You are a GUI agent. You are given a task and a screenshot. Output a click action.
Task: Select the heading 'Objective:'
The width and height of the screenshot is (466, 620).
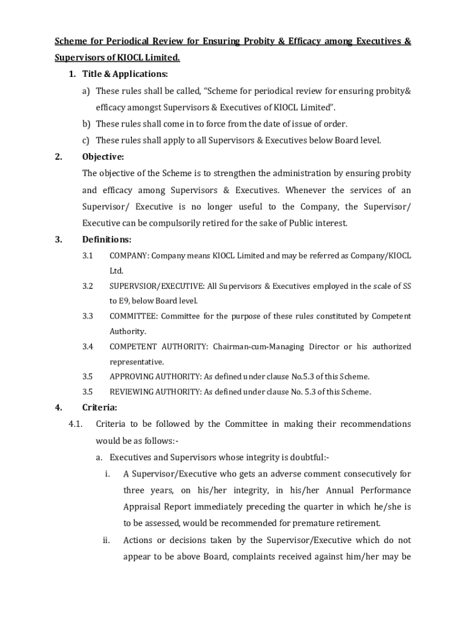coord(103,157)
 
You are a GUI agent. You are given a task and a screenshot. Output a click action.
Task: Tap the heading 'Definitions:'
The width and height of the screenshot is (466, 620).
coord(107,240)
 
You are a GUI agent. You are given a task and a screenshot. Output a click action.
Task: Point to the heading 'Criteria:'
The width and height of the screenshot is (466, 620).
coord(100,407)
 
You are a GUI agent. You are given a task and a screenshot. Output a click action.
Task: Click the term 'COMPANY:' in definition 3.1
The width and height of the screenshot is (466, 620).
coord(129,256)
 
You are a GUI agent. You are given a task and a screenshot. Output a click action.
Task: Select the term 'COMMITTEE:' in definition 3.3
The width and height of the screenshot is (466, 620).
coord(133,316)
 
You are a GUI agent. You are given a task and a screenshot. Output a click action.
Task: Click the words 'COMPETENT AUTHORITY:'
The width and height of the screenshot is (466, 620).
coord(159,346)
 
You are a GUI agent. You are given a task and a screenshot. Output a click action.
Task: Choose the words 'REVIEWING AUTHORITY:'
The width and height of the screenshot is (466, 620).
coord(155,392)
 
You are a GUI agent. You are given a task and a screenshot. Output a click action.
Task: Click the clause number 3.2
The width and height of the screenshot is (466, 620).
coord(88,286)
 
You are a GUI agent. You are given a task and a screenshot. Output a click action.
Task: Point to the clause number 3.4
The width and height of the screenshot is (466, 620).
coord(88,346)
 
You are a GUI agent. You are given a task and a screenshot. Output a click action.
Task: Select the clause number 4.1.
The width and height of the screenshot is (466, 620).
coord(76,424)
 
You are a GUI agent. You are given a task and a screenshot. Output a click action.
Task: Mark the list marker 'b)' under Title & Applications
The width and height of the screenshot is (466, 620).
coord(87,124)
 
